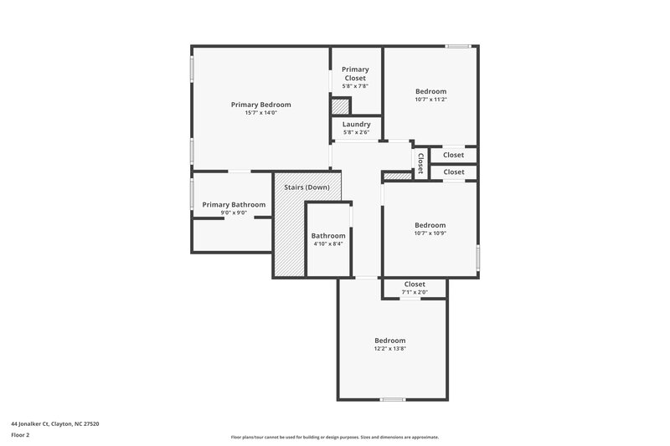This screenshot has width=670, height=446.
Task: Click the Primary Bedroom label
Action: [260, 105]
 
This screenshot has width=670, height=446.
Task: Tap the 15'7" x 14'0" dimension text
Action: [260, 113]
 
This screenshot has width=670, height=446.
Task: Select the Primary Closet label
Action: [355, 74]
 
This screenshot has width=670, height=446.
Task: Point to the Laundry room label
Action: [356, 124]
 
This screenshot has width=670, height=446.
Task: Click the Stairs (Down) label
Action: [307, 187]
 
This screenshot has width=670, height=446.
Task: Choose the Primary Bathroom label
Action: [234, 204]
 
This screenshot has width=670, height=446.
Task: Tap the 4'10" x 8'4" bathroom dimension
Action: [328, 244]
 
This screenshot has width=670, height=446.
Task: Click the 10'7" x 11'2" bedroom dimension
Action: [430, 100]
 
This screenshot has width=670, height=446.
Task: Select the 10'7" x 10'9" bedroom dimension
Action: [430, 233]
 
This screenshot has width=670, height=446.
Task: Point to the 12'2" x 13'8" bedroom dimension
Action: [390, 348]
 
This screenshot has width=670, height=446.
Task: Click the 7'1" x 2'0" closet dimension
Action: [415, 293]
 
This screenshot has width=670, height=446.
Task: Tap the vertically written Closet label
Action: [420, 162]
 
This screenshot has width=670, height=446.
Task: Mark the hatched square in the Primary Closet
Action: [340, 106]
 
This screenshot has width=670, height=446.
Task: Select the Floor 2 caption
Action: [21, 435]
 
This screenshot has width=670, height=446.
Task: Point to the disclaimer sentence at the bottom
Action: [334, 437]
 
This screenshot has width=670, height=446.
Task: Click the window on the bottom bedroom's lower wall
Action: [392, 399]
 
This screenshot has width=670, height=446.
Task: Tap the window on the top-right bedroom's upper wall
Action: [457, 46]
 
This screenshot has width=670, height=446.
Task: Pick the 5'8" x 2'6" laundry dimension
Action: [356, 132]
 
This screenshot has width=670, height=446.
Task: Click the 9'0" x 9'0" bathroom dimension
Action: [234, 213]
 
